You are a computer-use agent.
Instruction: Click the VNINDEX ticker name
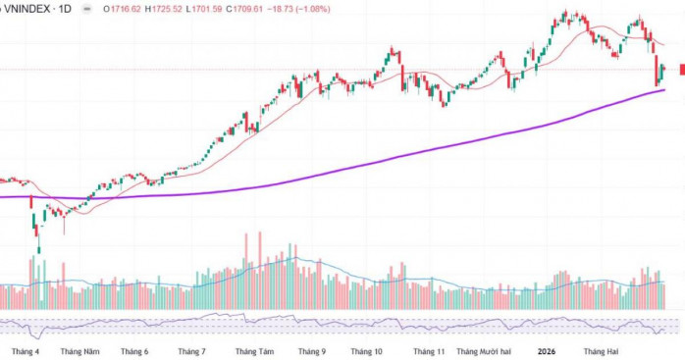[x=27, y=8]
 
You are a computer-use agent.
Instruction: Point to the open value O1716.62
[x=123, y=9]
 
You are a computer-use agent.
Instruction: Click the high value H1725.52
[x=164, y=9]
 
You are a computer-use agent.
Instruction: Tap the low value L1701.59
[x=204, y=9]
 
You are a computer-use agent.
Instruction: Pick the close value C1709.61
[x=244, y=9]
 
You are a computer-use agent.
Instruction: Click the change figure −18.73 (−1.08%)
[x=299, y=9]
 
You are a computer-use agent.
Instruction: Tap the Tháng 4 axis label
[x=26, y=352]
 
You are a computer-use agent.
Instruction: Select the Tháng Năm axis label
[x=79, y=352]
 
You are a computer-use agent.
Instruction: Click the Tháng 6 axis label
[x=134, y=352]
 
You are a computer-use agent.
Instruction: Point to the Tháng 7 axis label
[x=191, y=352]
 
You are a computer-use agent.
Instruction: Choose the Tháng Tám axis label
[x=255, y=352]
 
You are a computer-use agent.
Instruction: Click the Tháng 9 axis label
[x=312, y=352]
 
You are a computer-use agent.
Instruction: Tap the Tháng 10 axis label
[x=366, y=352]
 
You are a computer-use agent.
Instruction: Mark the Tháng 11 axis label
[x=429, y=352]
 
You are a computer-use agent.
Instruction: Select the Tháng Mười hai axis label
[x=484, y=352]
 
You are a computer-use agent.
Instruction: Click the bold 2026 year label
[x=547, y=352]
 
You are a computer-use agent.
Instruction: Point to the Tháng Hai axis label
[x=602, y=352]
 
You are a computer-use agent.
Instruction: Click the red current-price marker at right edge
[x=682, y=69]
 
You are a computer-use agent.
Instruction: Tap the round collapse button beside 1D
[x=87, y=9]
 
